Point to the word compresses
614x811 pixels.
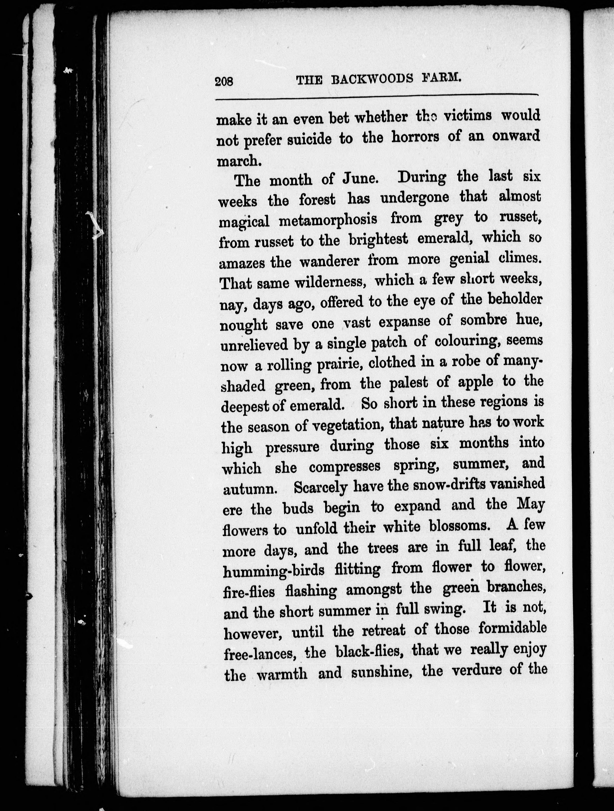coord(345,467)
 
